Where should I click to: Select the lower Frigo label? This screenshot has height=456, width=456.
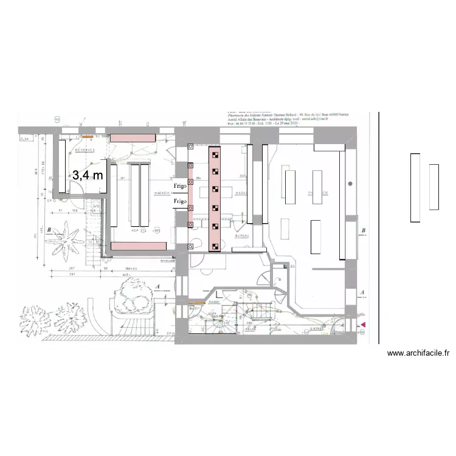point(180,201)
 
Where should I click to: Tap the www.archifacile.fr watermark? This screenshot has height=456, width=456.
point(418,353)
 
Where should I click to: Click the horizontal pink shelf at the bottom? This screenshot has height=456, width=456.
point(137,245)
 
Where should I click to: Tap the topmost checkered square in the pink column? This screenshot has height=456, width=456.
point(215,154)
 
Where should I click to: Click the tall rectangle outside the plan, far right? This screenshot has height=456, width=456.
point(415,188)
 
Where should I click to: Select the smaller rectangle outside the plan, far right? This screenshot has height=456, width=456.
point(434,187)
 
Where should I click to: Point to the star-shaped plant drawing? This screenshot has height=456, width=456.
point(66,235)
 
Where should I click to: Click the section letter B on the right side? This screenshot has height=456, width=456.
point(363,231)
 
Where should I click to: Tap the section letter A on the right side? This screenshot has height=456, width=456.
point(363,292)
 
